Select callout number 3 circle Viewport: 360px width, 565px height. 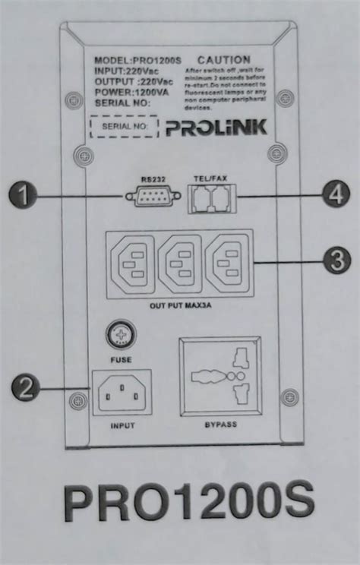pos(336,263)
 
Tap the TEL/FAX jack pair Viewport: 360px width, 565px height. pos(210,199)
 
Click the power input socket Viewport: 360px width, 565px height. pos(122,393)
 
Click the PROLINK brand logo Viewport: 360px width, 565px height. pos(216,126)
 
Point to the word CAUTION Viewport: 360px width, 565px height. pos(223,60)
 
